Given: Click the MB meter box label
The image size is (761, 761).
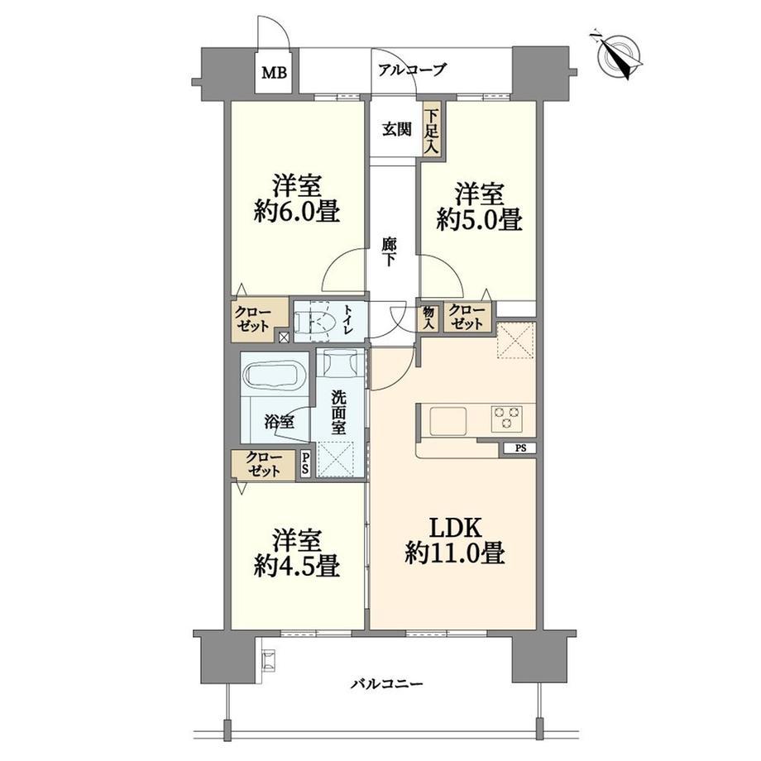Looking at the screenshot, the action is [x=275, y=73].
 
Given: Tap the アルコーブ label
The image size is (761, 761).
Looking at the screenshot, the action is [x=411, y=69].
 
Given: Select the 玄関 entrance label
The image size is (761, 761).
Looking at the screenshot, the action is [x=396, y=129].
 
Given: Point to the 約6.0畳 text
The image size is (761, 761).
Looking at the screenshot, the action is [x=296, y=212].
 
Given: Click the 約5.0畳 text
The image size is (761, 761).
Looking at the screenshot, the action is [x=479, y=220].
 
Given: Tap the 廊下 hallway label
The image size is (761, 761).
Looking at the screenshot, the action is [x=389, y=251].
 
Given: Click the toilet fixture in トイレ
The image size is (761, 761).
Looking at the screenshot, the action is [x=313, y=322].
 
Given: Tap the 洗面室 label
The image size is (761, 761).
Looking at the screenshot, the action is [x=338, y=413].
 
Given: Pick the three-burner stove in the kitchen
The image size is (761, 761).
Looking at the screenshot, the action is [x=507, y=418].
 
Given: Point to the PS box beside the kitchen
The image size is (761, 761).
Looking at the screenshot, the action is [x=519, y=448].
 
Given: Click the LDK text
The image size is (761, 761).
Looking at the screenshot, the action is [x=455, y=528].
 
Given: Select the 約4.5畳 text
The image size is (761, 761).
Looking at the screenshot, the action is [x=296, y=566].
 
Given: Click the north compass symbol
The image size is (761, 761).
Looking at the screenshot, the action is [x=618, y=55].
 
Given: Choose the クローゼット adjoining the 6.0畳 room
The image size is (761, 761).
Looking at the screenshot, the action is [x=254, y=319].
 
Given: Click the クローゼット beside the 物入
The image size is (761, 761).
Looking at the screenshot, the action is [x=467, y=317].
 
